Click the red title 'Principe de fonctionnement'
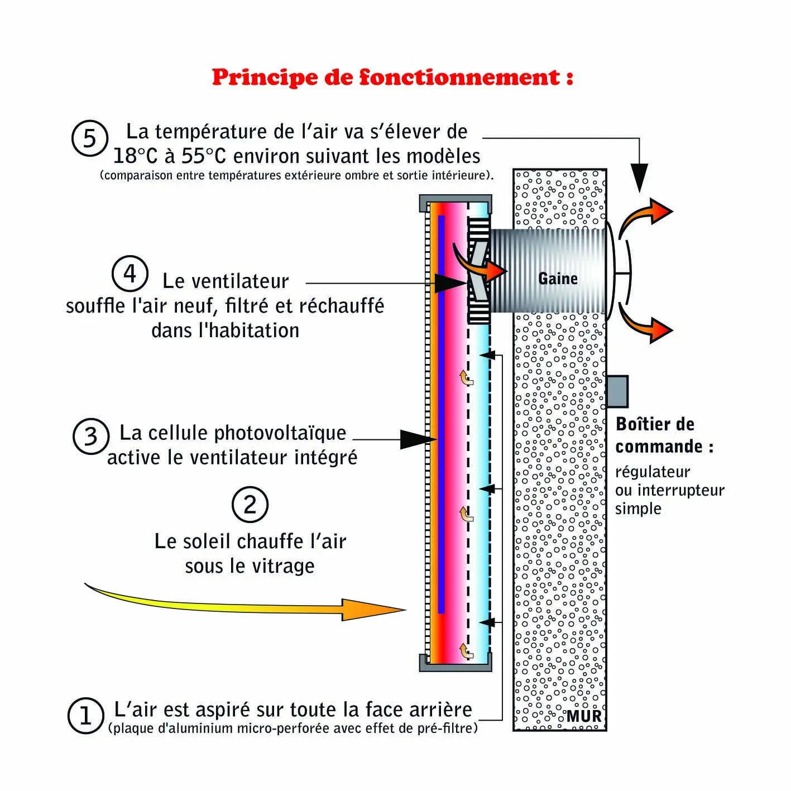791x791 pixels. click(x=392, y=77)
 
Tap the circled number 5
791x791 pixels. click(x=89, y=138)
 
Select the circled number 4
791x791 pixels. click(x=130, y=274)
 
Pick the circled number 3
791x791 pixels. click(x=91, y=436)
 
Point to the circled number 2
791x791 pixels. click(x=250, y=505)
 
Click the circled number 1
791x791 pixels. click(x=85, y=715)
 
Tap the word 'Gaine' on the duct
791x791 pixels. click(x=557, y=279)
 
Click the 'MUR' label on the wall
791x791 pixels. click(x=584, y=716)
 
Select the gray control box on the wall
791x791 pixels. click(x=617, y=391)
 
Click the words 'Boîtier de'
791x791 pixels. click(x=655, y=424)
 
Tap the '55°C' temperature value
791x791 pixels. click(x=203, y=156)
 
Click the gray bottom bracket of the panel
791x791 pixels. click(x=455, y=665)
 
